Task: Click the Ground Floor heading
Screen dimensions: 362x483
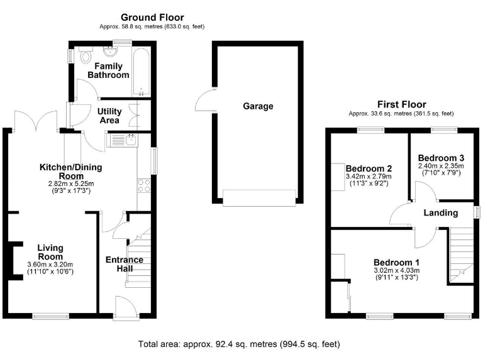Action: [152, 18]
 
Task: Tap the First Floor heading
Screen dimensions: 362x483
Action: [401, 104]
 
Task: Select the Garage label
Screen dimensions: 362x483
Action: [258, 106]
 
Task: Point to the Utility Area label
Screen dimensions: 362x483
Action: [109, 116]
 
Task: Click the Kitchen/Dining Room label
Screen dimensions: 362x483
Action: [70, 172]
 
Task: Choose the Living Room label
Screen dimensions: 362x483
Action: [50, 252]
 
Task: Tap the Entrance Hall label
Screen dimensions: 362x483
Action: [124, 264]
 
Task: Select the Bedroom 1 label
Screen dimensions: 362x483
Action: [396, 262]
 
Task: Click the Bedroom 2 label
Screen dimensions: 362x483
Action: [369, 168]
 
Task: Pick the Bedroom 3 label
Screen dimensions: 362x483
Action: [441, 158]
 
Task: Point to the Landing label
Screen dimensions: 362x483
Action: [440, 212]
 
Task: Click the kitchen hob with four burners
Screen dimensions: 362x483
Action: [143, 185]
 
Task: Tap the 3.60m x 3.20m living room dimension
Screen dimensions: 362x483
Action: [50, 265]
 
